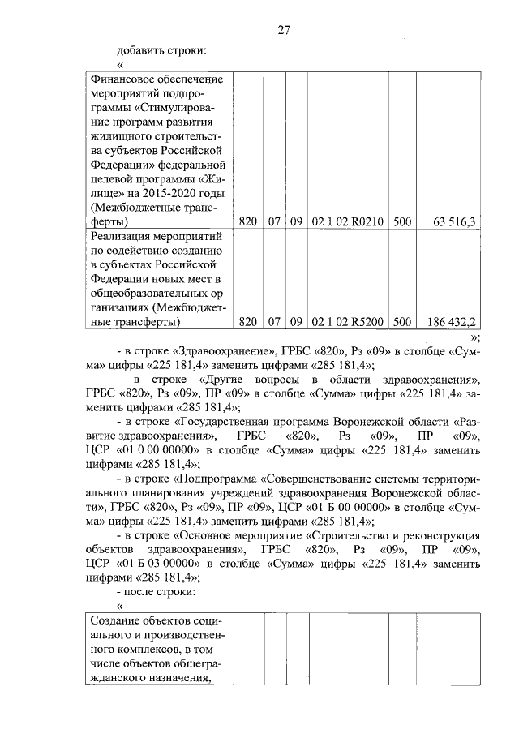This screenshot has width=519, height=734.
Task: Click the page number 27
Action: tap(284, 30)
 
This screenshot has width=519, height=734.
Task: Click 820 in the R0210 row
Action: tap(248, 221)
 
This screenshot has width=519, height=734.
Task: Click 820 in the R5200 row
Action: tap(248, 322)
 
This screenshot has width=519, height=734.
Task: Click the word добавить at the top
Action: tap(142, 51)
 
